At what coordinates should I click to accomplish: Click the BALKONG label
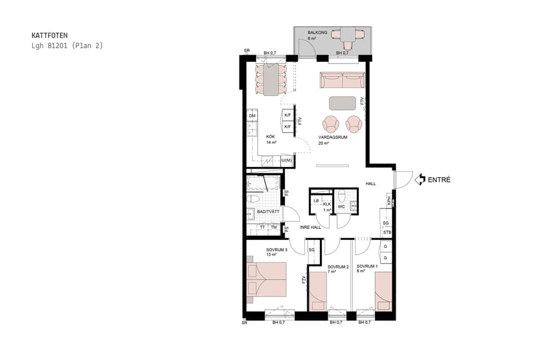[317, 33]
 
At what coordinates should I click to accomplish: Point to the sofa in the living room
[343, 80]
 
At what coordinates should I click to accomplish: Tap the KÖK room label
[271, 137]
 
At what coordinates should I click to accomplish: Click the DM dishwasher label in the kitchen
[253, 115]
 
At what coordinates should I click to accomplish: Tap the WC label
[340, 207]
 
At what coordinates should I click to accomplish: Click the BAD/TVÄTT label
[268, 212]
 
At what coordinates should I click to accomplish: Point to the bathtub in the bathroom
[262, 182]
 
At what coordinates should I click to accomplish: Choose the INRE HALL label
[310, 227]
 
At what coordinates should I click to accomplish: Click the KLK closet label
[327, 204]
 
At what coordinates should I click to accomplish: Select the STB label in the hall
[387, 232]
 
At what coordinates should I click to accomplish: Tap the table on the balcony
[348, 34]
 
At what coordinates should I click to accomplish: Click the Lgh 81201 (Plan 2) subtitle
[67, 46]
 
